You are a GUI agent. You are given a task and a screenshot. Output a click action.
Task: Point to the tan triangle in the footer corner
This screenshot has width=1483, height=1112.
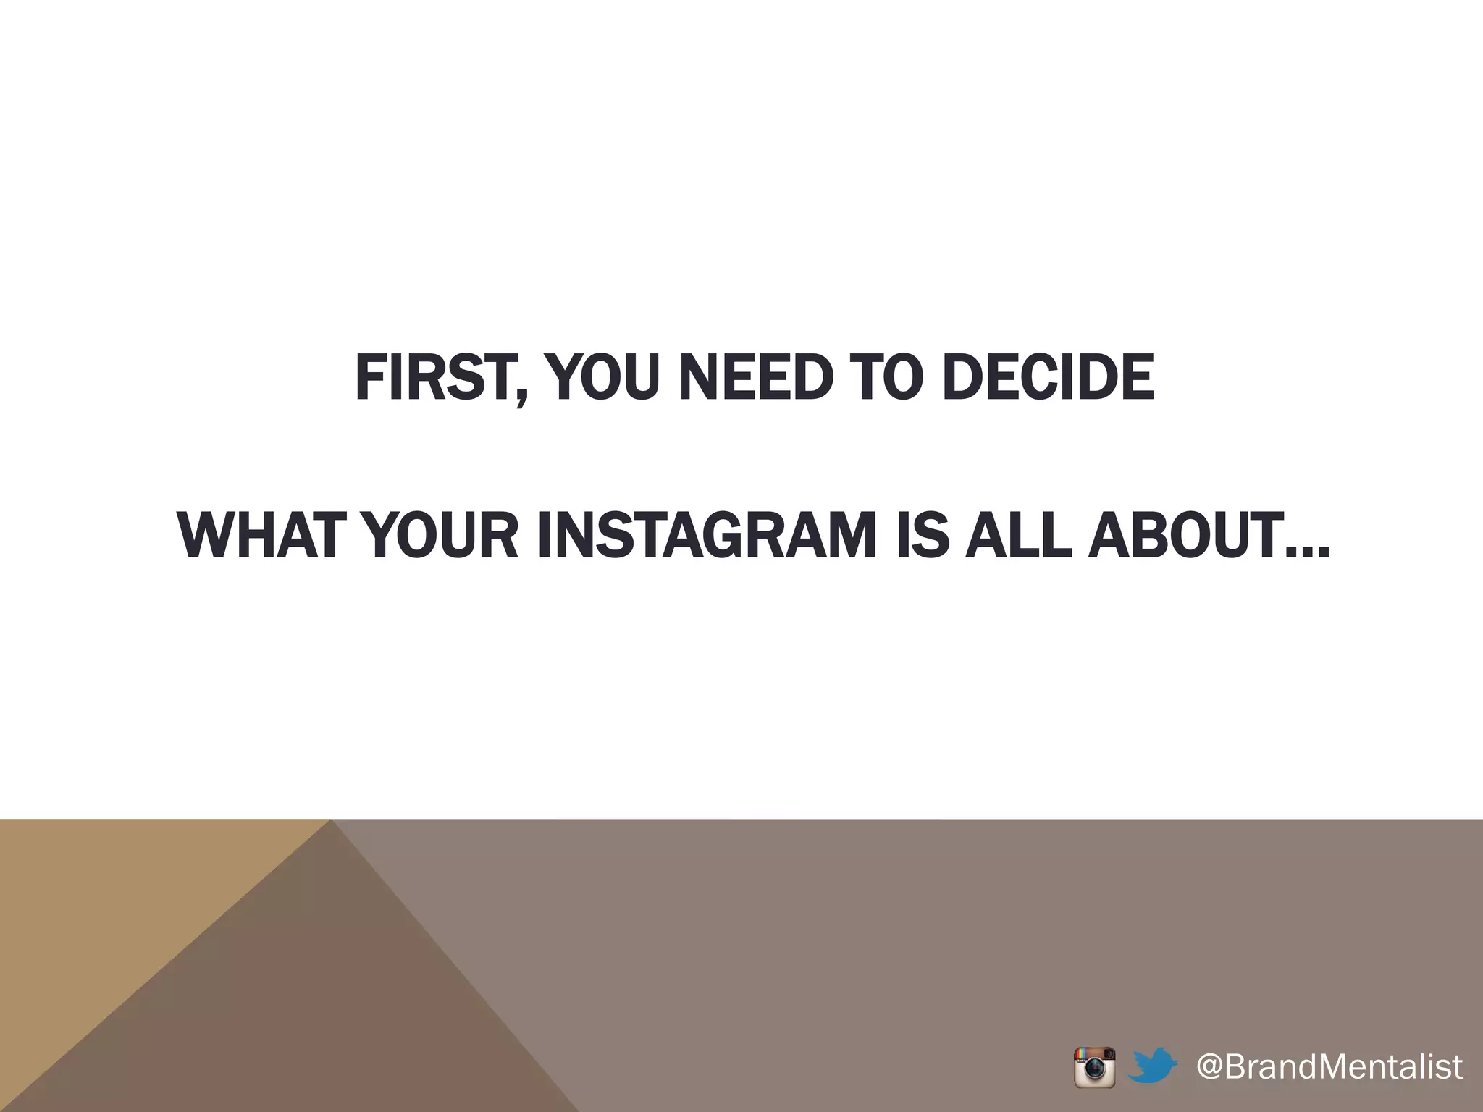tap(109, 905)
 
